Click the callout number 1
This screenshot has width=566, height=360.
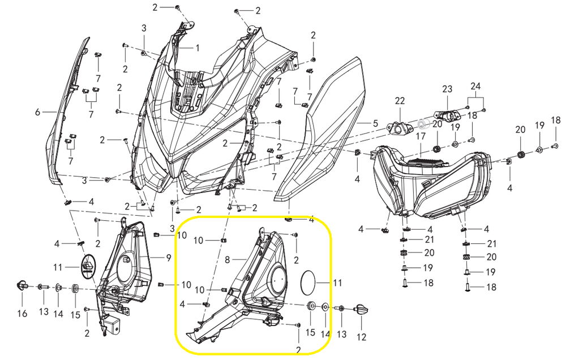[x=198, y=48]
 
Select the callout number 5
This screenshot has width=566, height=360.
[x=375, y=123]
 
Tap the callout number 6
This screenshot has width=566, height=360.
[x=38, y=112]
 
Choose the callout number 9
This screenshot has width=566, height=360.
[x=168, y=258]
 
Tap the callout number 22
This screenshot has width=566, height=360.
[x=400, y=101]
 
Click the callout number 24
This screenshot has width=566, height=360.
[x=475, y=87]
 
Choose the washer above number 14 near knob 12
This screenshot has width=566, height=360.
[x=325, y=307]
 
